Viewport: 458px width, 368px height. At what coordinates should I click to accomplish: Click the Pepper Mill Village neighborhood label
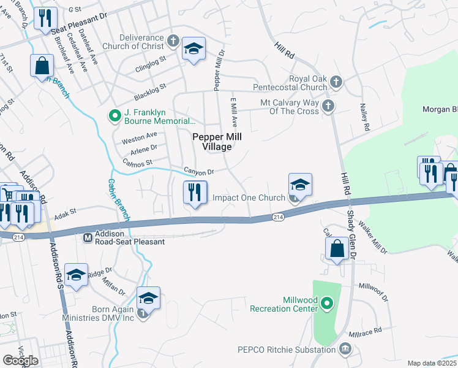pyautogui.click(x=212, y=142)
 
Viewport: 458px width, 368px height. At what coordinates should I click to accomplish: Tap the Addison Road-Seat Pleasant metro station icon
pyautogui.click(x=88, y=237)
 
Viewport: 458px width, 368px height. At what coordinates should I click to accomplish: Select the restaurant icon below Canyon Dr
pyautogui.click(x=195, y=193)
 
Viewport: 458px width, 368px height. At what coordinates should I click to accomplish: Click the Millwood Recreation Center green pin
pyautogui.click(x=327, y=303)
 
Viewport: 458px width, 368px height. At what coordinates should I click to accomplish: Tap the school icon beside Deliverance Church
pyautogui.click(x=193, y=49)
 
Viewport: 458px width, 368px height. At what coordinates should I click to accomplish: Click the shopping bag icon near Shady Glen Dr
pyautogui.click(x=337, y=248)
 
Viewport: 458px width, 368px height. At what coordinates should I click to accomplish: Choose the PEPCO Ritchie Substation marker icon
pyautogui.click(x=345, y=350)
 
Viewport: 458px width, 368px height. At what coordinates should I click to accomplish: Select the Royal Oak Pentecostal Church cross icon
pyautogui.click(x=336, y=82)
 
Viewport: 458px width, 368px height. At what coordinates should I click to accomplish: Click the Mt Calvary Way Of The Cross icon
pyautogui.click(x=328, y=106)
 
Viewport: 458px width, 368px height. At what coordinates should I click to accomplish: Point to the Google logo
pyautogui.click(x=20, y=361)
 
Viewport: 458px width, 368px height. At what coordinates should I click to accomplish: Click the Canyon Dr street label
pyautogui.click(x=200, y=172)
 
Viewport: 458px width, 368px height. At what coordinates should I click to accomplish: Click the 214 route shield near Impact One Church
pyautogui.click(x=278, y=217)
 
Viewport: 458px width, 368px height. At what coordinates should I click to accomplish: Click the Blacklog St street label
pyautogui.click(x=151, y=91)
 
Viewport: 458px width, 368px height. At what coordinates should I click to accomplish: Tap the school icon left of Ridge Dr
pyautogui.click(x=76, y=276)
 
